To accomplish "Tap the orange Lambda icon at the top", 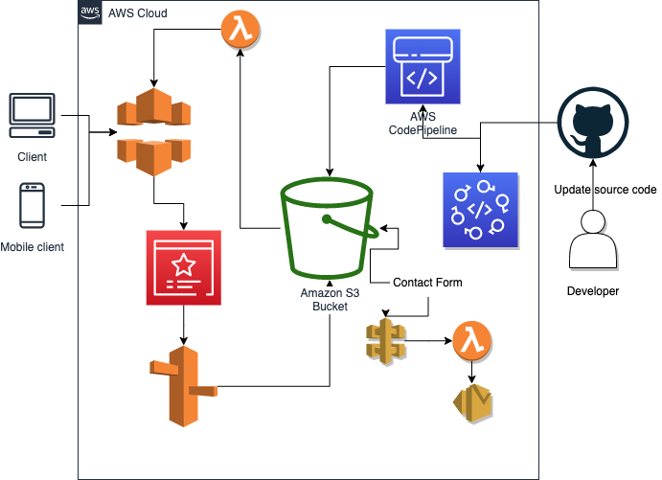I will [242, 29].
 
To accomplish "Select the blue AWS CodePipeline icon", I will [422, 66].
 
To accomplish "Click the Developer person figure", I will [594, 240].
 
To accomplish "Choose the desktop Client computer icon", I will [32, 117].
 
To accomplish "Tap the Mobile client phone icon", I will [32, 206].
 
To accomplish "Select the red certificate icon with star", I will [184, 267].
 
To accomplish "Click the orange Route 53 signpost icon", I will [183, 384].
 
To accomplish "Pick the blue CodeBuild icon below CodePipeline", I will [480, 211].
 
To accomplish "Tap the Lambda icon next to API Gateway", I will [470, 339].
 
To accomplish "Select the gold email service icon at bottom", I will [471, 403].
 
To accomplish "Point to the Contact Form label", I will [428, 283].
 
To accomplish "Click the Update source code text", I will [605, 189].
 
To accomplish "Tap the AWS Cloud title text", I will [138, 13].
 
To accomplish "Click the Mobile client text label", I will [32, 247].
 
